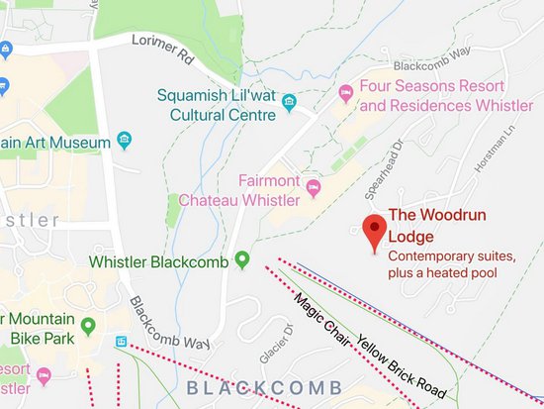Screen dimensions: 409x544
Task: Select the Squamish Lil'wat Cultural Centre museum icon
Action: [x=289, y=103]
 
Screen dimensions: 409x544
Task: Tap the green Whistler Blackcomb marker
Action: [x=241, y=262]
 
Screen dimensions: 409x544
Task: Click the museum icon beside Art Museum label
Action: [x=125, y=140]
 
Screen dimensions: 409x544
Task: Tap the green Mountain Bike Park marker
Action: [x=87, y=325]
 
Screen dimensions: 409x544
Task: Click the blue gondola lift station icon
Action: [x=121, y=342]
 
